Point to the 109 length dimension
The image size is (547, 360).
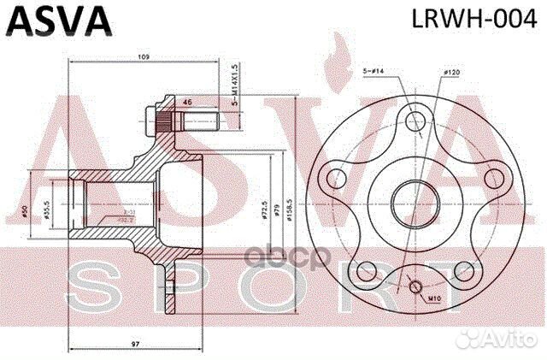click(x=143, y=56)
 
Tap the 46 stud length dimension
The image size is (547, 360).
click(x=187, y=102)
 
